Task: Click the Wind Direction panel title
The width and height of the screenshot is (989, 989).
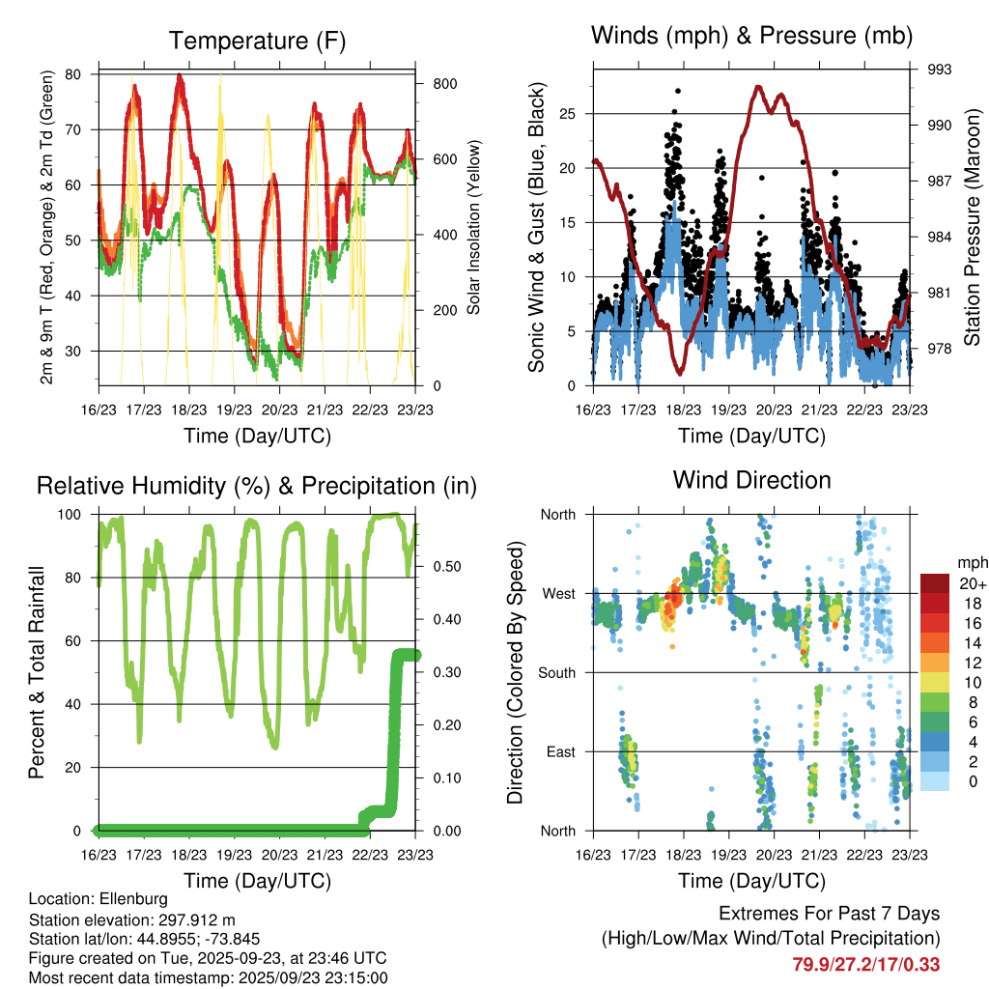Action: (x=751, y=480)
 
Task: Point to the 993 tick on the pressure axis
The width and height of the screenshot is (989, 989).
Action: (x=940, y=70)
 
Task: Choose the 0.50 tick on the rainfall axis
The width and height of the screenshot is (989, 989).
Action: (x=438, y=567)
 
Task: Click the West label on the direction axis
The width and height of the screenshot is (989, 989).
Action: (x=557, y=593)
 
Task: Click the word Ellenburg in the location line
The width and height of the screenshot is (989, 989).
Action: (x=128, y=899)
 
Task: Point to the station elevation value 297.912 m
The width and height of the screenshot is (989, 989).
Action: (x=192, y=919)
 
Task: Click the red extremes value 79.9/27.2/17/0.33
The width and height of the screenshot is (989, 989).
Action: (x=865, y=964)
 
